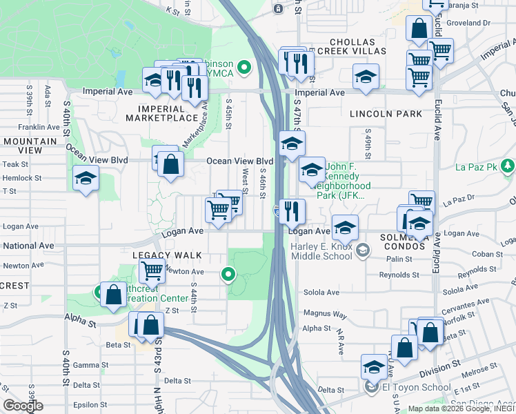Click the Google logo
point(23,406)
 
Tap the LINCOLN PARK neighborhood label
point(385,113)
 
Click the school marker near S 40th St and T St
point(86,179)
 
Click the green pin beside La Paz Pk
point(508,166)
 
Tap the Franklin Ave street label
point(39,128)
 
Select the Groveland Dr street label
point(468,23)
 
